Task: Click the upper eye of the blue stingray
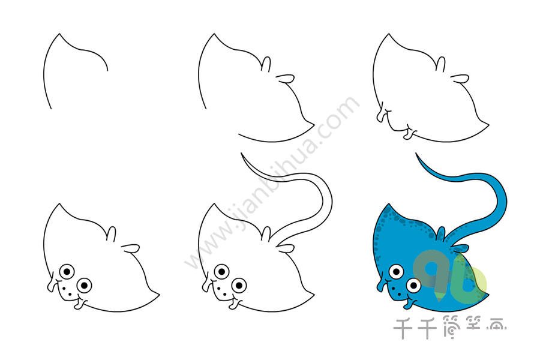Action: (x=397, y=271)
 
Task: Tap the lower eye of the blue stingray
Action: (x=413, y=285)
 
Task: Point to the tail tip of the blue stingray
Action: (x=416, y=154)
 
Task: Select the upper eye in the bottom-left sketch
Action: (x=67, y=272)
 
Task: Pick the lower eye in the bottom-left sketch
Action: (x=84, y=285)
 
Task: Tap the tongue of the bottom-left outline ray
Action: (x=79, y=304)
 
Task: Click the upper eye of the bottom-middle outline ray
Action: (x=221, y=272)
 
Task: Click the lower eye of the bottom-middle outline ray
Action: (x=239, y=285)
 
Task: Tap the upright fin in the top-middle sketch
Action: (x=266, y=64)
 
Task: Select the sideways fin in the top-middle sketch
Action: (x=286, y=79)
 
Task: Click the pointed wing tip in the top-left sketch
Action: (x=59, y=34)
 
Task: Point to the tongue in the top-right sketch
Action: (x=409, y=134)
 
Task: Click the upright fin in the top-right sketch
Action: (x=440, y=64)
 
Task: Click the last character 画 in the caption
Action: (x=496, y=328)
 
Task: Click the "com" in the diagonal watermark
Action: (x=340, y=113)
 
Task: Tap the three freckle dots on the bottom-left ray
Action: (x=67, y=290)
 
